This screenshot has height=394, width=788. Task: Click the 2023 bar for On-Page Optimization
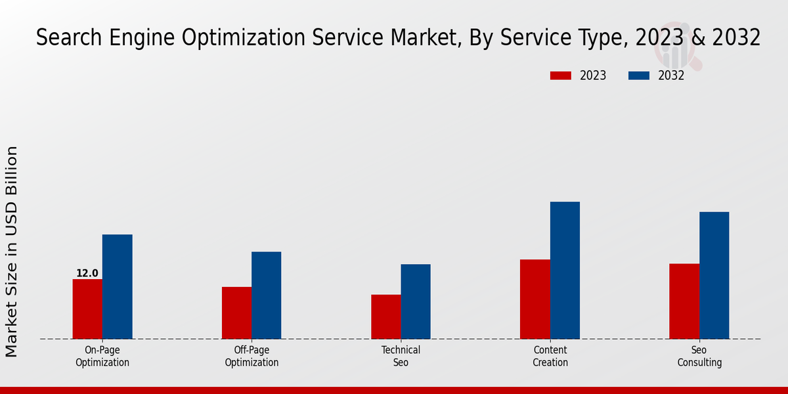87,309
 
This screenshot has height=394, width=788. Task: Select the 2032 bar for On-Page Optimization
117,287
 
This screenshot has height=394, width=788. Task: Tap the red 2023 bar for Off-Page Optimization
236,313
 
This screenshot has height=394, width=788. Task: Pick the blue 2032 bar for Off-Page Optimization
266,295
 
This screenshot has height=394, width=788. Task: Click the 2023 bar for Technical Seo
385,317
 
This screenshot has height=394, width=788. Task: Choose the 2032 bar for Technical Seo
416,302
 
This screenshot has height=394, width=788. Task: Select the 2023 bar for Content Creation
535,299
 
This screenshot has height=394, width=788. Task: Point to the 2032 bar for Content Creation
565,271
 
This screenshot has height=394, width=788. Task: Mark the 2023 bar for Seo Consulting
684,301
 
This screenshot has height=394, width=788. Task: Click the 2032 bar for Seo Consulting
714,276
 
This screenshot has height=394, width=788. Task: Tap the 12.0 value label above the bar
87,273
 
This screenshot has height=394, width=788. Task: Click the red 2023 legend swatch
561,76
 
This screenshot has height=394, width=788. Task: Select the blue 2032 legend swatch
639,76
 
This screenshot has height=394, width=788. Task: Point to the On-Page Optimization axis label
102,356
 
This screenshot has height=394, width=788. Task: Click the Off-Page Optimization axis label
252,356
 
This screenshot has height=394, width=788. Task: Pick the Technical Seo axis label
401,356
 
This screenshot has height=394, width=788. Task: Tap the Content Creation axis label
550,356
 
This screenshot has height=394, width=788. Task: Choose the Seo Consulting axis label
699,356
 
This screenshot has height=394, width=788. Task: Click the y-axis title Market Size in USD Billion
12,252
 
